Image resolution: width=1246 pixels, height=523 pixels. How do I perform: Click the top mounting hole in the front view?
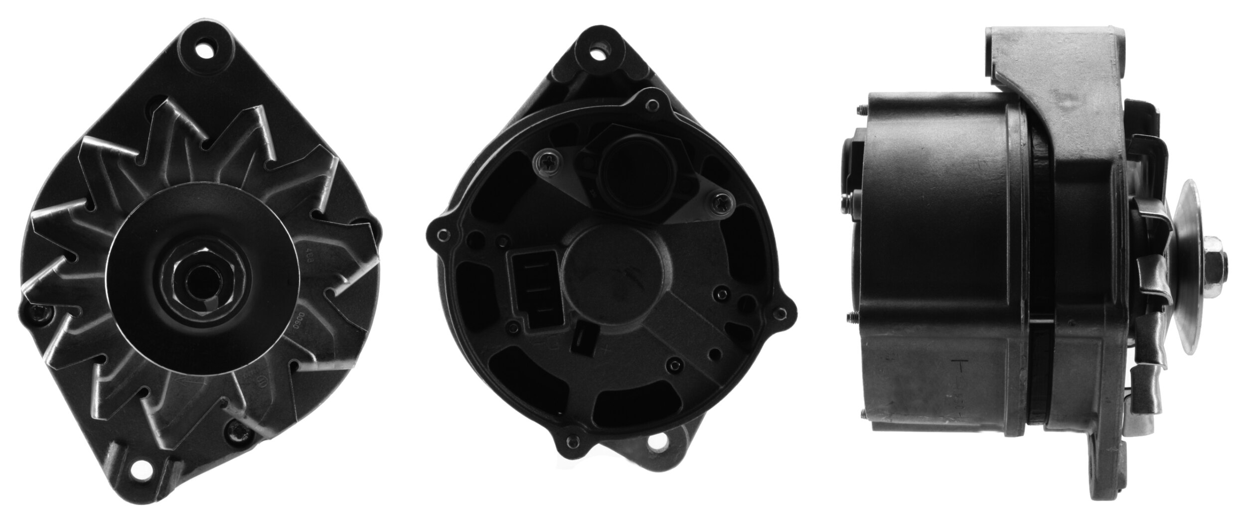point(204,51)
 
